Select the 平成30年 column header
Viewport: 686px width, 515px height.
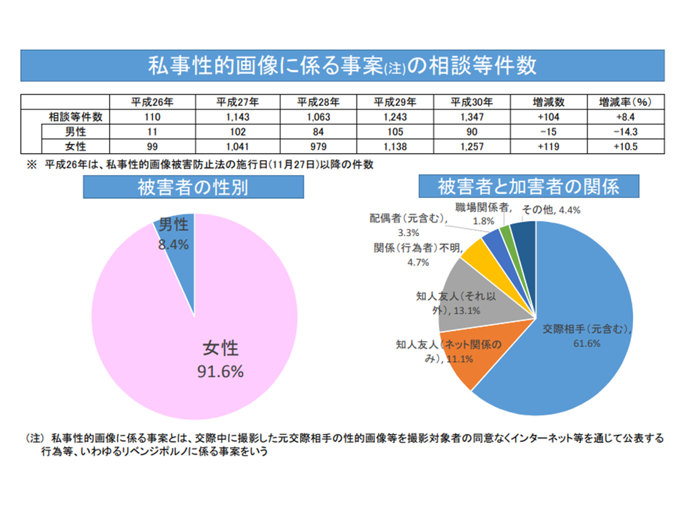(472, 102)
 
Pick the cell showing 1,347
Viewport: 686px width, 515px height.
(472, 117)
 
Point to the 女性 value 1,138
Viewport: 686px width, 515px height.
(392, 146)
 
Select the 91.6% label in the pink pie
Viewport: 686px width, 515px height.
(220, 372)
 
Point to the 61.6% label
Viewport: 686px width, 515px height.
(586, 343)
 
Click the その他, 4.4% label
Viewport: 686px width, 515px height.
(550, 210)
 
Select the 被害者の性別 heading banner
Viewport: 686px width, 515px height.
(194, 187)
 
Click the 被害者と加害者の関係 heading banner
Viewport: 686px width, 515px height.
(528, 187)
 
